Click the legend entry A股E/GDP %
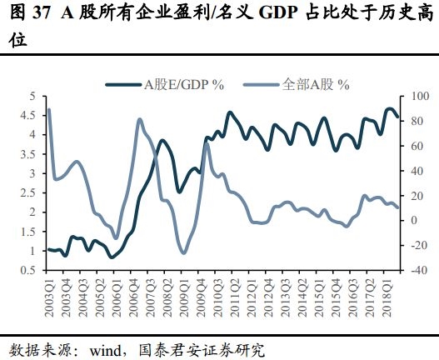tap(165, 84)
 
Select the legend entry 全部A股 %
tap(297, 84)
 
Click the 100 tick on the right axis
tap(421, 96)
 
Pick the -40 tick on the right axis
tap(420, 270)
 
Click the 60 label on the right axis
tap(417, 146)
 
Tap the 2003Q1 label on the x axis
tap(50, 297)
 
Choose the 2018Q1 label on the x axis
tap(388, 297)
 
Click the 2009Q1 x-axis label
tap(185, 297)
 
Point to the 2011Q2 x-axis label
tap(236, 297)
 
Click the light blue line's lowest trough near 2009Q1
tap(183, 253)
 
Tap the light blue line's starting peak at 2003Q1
tap(49, 109)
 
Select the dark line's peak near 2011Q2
tap(230, 112)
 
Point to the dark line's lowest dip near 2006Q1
tap(112, 257)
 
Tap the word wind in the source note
tap(105, 351)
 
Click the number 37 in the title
tap(41, 13)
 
